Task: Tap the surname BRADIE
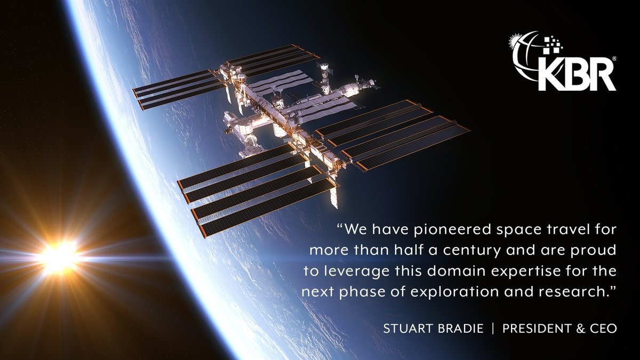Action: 460,329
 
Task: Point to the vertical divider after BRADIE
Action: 493,329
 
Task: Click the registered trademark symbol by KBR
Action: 614,59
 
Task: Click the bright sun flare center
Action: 59,256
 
